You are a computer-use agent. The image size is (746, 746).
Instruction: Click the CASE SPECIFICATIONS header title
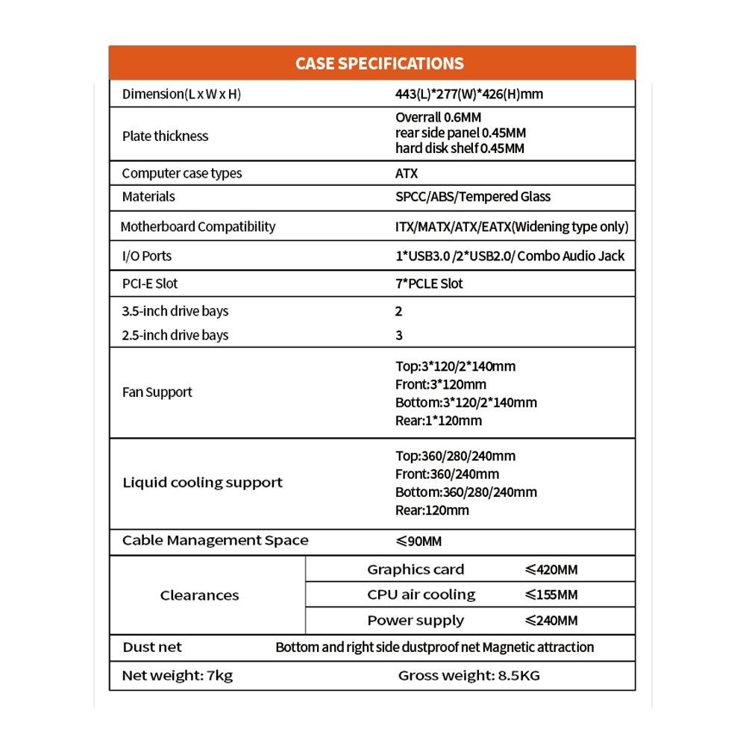coord(379,63)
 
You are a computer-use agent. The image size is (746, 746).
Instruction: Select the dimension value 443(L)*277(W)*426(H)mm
coord(469,95)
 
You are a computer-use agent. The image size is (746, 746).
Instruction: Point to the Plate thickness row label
coord(165,137)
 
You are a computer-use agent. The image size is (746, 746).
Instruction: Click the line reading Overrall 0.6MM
coord(438,118)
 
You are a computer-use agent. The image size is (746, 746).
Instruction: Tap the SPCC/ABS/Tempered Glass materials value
coord(472,196)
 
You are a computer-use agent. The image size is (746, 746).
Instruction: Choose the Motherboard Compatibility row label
coord(198,227)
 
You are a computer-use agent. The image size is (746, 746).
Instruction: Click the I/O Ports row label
coord(146,256)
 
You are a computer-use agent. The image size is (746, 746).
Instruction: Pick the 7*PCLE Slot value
coord(429,283)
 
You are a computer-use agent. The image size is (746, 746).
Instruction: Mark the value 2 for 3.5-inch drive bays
coord(399,311)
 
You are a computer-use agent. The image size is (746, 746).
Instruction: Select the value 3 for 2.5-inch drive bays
coord(399,335)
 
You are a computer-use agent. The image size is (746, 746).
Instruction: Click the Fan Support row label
coord(157,392)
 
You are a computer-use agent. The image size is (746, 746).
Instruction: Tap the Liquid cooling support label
coord(202,483)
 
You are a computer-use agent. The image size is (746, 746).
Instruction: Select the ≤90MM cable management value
coord(419,541)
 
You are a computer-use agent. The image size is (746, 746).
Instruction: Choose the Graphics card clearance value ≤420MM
coord(551,570)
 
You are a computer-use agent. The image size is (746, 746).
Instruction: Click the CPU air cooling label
coord(421,595)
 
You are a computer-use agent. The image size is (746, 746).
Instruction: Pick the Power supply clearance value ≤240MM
coord(551,621)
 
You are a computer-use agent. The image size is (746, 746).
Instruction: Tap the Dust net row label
coord(151,648)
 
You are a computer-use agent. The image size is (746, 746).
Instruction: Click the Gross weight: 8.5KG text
coord(468,676)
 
